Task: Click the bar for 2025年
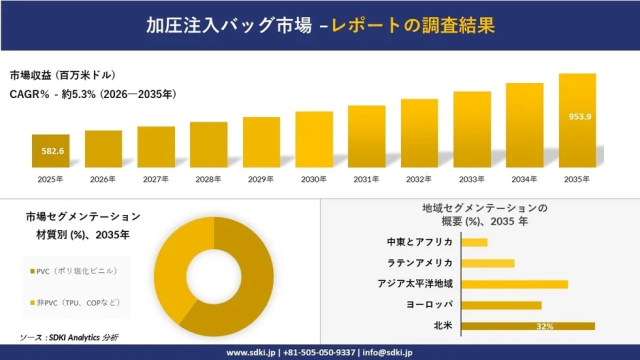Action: (x=51, y=151)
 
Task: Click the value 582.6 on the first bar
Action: (x=51, y=151)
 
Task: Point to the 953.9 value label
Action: (x=578, y=116)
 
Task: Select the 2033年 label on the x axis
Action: (x=472, y=179)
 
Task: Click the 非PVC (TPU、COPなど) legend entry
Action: (x=78, y=302)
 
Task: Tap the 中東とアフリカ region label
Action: (x=420, y=242)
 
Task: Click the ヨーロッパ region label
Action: (x=428, y=305)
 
